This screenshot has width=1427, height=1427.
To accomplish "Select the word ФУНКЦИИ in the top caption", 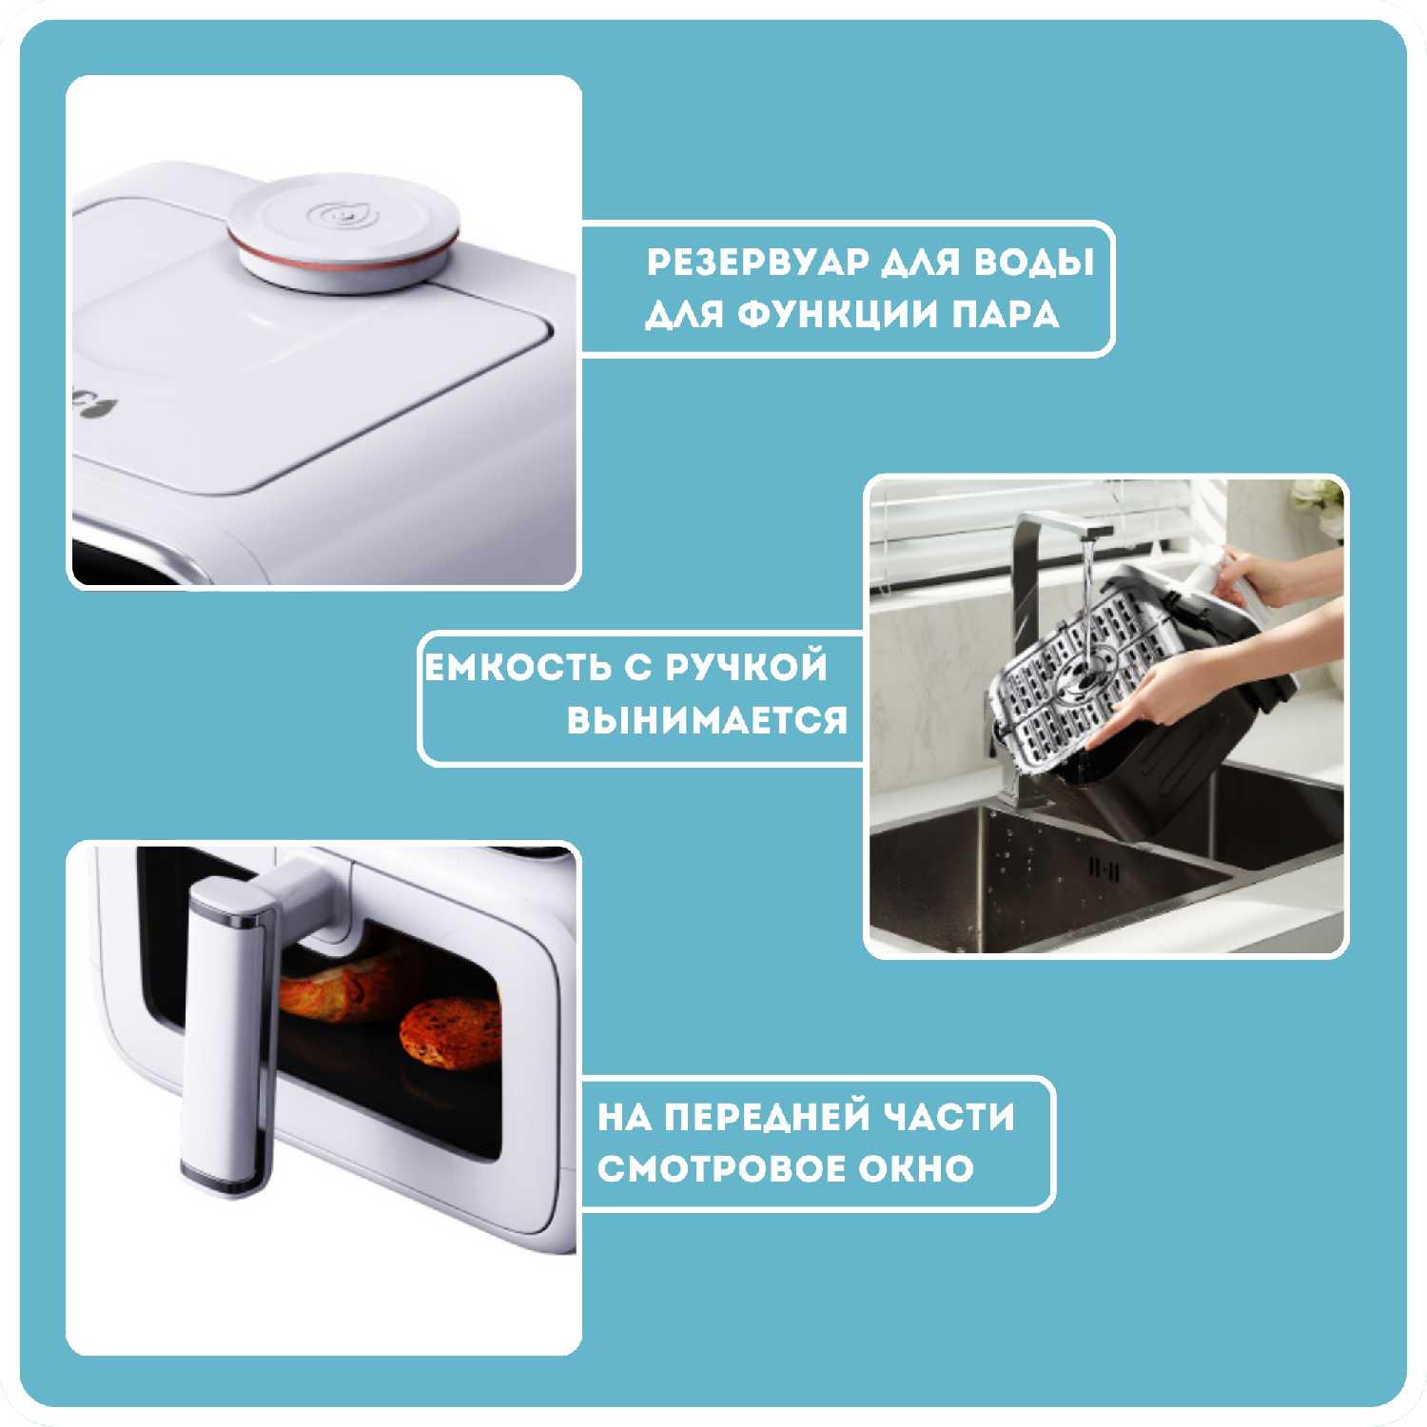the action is point(838,314).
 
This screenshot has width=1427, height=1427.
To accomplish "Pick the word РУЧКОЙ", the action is point(747,667).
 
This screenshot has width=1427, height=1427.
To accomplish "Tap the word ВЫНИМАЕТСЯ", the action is point(707,720).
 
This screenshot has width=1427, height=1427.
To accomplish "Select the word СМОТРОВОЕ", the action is point(720,1168).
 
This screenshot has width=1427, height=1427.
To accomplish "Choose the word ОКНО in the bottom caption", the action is point(916,1168).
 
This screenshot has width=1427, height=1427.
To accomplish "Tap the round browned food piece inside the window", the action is point(451,1031).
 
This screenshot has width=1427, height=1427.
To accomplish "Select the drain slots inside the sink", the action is point(1104,870).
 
